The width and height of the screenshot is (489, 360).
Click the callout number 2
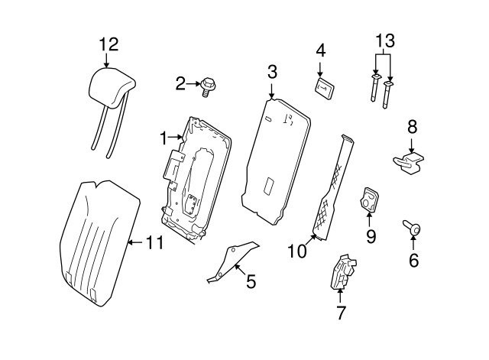point(181,83)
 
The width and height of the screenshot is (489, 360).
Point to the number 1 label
point(163,138)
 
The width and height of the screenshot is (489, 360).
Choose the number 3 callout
point(272,73)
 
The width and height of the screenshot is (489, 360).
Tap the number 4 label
point(321,51)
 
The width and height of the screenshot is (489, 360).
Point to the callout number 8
point(412,126)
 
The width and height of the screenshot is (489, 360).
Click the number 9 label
point(371,236)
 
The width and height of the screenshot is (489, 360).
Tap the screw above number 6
point(413,227)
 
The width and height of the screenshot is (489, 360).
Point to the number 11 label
point(154,243)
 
